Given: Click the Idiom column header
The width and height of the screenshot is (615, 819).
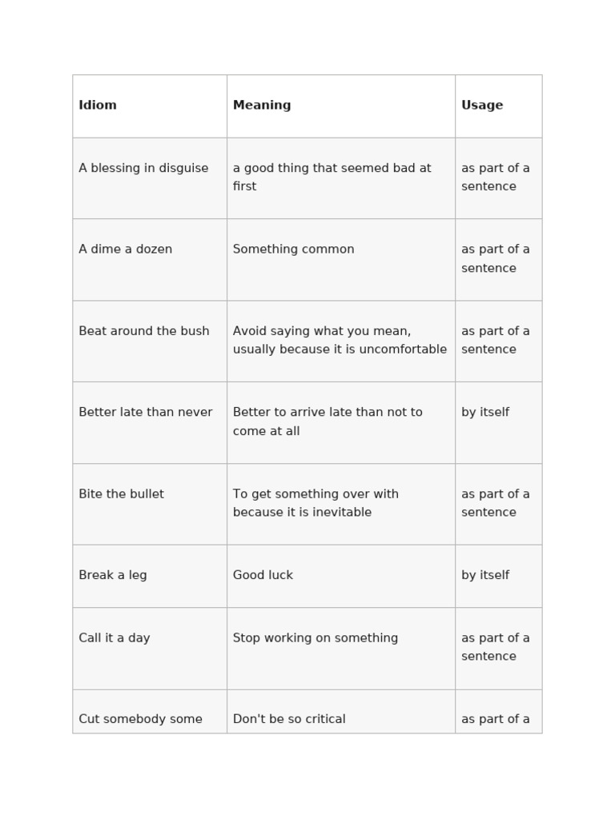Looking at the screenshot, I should point(98,106).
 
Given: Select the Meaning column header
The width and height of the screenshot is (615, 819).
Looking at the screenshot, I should point(262,106).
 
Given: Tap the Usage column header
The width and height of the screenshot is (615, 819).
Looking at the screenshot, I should point(482,106).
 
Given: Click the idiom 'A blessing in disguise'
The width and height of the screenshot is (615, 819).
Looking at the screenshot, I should point(143,168).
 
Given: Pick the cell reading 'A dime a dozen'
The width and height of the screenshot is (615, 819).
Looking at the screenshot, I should point(126,250).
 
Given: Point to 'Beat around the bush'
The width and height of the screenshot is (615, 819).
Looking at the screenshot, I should point(144,331).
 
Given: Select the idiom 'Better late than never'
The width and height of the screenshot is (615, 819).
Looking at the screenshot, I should point(146,413).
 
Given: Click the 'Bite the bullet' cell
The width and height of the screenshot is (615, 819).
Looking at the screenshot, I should point(121,494).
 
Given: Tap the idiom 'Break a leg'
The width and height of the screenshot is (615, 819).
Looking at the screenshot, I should point(113,575).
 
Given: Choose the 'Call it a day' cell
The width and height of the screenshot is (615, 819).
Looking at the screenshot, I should point(115,638).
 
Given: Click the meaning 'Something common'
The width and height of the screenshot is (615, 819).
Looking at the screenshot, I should point(293,250).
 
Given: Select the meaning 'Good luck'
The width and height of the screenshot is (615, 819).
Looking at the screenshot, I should point(263,575).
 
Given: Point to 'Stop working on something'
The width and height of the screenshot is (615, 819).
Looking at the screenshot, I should point(316,638).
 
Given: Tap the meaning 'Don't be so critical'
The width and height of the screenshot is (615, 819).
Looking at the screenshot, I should point(289,719).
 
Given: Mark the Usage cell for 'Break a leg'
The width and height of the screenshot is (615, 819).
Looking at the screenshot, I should point(485,575).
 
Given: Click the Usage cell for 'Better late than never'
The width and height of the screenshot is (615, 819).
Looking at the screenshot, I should point(485,413).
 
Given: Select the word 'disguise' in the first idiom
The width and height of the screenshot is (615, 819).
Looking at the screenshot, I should point(184,168).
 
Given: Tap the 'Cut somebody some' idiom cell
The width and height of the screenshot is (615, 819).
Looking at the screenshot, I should point(140,719).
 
